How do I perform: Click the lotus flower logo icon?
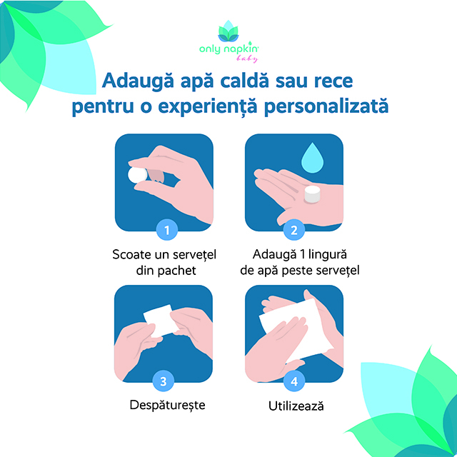(x=228, y=31)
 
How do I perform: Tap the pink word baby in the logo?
(x=247, y=59)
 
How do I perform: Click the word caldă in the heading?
(x=244, y=81)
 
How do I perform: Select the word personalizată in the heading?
(x=326, y=106)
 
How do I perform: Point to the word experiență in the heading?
(x=208, y=106)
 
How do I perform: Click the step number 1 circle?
(x=167, y=230)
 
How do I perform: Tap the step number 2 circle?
(x=294, y=230)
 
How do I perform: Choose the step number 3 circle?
(x=164, y=381)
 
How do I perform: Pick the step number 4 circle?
(x=294, y=381)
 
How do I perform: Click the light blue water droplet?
(x=312, y=159)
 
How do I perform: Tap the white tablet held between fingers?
(x=137, y=175)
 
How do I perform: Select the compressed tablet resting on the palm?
(x=313, y=194)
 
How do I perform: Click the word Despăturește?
(x=167, y=406)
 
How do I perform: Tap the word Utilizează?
(x=296, y=406)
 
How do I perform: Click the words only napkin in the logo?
(x=228, y=49)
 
